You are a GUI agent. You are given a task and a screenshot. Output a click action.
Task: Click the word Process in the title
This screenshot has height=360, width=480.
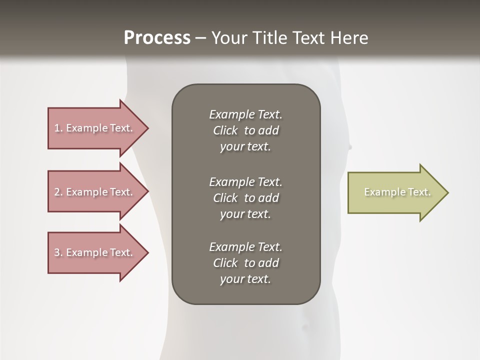157,38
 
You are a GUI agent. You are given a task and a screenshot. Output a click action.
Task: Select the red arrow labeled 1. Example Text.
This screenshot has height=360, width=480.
95,128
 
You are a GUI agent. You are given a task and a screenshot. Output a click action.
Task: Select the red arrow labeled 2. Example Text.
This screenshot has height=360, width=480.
95,192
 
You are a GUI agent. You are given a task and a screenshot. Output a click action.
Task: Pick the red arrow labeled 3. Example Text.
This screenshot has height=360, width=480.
95,252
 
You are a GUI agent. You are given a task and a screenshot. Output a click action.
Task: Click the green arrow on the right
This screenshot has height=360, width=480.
395,192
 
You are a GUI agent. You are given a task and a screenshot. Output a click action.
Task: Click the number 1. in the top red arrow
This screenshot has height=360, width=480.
58,128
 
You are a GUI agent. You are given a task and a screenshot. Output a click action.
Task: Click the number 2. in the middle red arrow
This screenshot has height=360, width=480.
58,192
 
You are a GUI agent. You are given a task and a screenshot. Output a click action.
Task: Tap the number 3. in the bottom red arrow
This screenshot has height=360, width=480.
58,252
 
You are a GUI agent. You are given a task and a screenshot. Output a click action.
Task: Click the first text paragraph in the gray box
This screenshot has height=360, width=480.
245,130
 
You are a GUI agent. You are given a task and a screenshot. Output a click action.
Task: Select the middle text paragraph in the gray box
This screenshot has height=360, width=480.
245,198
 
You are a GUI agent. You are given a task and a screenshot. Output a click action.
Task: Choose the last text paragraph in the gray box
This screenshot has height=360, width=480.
245,263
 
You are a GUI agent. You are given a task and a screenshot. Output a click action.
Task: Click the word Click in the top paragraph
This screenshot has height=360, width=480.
225,130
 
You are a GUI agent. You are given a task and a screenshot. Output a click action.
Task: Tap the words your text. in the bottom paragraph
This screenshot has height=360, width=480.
245,279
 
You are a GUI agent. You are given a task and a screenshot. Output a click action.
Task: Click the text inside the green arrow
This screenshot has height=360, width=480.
397,192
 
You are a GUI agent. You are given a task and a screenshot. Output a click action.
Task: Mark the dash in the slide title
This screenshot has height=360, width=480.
200,38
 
